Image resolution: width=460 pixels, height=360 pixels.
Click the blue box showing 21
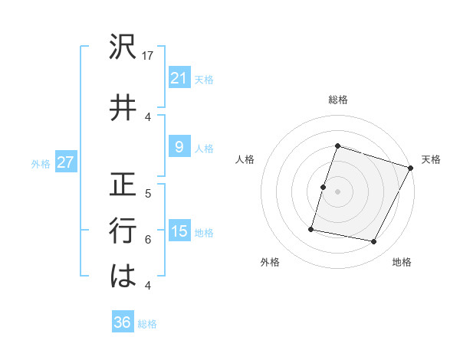179,77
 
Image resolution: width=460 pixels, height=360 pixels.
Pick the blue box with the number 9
179,148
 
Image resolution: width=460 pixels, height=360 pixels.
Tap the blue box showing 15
179,231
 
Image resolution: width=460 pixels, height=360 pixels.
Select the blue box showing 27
65,163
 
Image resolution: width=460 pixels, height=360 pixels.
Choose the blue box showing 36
123,322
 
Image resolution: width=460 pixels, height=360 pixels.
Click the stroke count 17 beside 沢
149,55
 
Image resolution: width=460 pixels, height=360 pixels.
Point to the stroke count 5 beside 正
148,193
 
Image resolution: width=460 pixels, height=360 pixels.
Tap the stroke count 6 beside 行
148,239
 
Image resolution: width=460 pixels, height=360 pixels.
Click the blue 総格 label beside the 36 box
147,324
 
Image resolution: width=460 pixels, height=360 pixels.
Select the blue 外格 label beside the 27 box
41,164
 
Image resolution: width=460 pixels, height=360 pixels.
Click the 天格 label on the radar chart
431,159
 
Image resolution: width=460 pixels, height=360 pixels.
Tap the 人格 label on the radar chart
245,159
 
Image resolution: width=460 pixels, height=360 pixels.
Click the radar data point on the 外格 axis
311,228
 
